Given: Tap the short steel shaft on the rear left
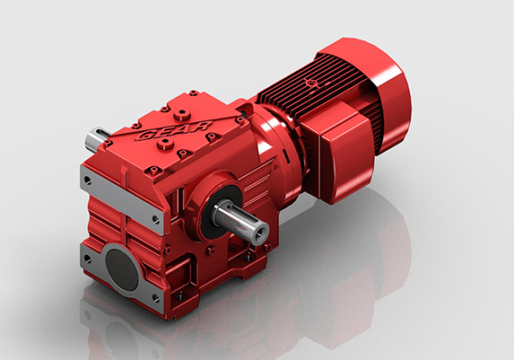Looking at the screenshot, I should click(94, 139).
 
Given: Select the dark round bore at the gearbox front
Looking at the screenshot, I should click(121, 267).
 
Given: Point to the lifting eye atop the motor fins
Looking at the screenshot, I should click(313, 83).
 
